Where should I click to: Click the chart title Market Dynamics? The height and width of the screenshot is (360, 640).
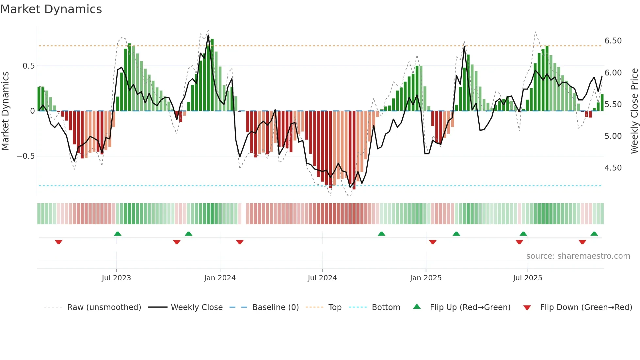(51, 9)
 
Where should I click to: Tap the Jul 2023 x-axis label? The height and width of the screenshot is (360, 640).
(116, 278)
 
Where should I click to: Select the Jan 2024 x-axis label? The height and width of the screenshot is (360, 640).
(220, 278)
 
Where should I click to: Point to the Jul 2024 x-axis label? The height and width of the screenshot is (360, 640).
(322, 278)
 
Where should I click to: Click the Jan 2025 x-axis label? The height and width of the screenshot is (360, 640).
(426, 278)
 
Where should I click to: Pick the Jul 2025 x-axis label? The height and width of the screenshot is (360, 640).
(528, 278)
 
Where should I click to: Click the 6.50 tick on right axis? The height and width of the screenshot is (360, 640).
(613, 41)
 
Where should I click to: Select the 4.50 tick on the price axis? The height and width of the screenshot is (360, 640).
(613, 168)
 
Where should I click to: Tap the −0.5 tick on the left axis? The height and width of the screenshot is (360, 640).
(26, 156)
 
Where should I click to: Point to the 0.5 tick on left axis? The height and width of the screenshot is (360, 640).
(28, 66)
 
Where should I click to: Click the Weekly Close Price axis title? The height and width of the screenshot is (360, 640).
(634, 111)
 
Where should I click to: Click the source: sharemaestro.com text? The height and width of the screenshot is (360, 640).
(578, 256)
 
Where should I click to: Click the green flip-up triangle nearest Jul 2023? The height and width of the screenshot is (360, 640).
(118, 234)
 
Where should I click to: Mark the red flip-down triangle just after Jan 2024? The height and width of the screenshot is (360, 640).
(240, 242)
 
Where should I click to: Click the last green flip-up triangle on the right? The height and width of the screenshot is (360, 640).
(594, 234)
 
